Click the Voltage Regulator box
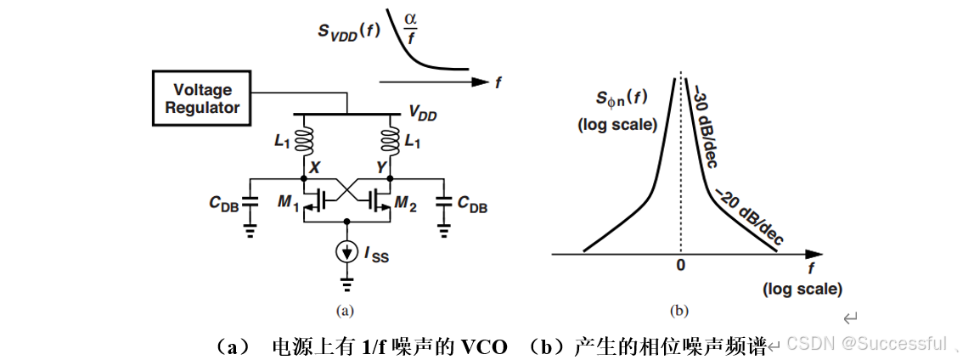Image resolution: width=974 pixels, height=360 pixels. (x=202, y=98)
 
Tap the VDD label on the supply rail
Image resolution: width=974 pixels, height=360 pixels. (x=422, y=113)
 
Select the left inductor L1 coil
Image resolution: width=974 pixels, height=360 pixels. (x=303, y=140)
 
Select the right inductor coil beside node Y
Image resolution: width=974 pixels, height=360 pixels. (x=391, y=140)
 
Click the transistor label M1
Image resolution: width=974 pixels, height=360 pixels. (x=288, y=204)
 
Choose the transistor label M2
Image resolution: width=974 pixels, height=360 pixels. (x=406, y=204)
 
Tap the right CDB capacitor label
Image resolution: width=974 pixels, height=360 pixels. (x=472, y=204)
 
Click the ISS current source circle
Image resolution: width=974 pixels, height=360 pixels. (x=346, y=252)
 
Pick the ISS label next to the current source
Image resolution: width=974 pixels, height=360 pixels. (x=375, y=253)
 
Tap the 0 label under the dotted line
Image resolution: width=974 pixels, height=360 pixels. (x=679, y=266)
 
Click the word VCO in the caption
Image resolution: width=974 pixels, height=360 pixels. (x=485, y=346)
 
